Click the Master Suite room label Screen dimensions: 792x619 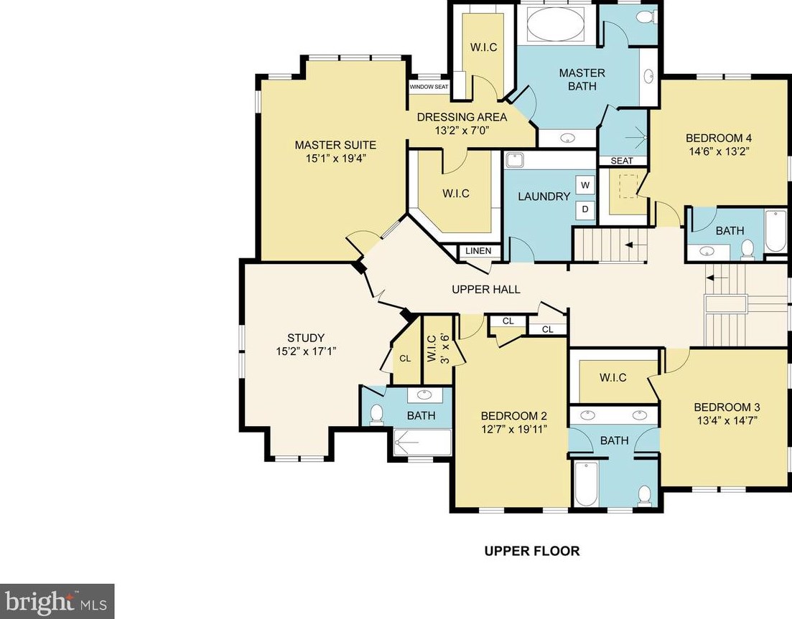(x=335, y=146)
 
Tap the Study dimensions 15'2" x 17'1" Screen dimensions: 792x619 (x=306, y=351)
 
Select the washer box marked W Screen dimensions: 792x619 (x=585, y=185)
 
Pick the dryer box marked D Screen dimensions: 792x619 (x=585, y=209)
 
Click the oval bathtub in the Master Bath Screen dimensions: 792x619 (x=556, y=24)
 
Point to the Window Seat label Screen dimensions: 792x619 (x=429, y=87)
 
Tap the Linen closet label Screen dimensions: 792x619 (x=477, y=251)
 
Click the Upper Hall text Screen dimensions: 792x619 (x=486, y=290)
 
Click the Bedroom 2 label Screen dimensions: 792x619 (x=513, y=416)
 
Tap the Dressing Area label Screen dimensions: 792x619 (x=462, y=118)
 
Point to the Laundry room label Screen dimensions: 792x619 (x=544, y=197)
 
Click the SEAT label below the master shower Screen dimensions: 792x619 (x=621, y=161)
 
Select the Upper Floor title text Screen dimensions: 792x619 (x=532, y=550)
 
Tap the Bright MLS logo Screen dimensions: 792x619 (x=57, y=601)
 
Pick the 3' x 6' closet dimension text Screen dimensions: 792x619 (x=445, y=348)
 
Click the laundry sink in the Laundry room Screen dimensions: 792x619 (x=515, y=161)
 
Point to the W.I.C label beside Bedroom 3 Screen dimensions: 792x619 (x=612, y=378)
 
